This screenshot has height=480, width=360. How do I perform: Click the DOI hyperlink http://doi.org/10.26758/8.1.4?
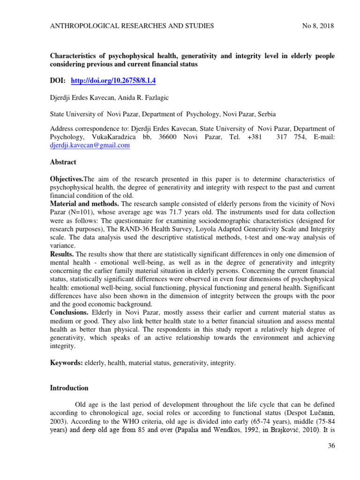pos(113,81)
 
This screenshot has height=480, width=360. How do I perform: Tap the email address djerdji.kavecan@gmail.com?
pos(90,145)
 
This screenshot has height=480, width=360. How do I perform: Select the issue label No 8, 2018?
pos(318,26)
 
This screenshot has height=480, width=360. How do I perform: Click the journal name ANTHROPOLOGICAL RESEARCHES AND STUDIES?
pos(132,26)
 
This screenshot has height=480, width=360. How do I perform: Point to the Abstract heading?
pos(63,162)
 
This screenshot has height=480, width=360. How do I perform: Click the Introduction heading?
pos(69,388)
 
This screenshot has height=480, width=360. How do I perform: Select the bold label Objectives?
pos(66,180)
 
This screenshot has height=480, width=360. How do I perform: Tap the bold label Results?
pos(62,254)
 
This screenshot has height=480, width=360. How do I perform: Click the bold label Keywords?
pos(66,363)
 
